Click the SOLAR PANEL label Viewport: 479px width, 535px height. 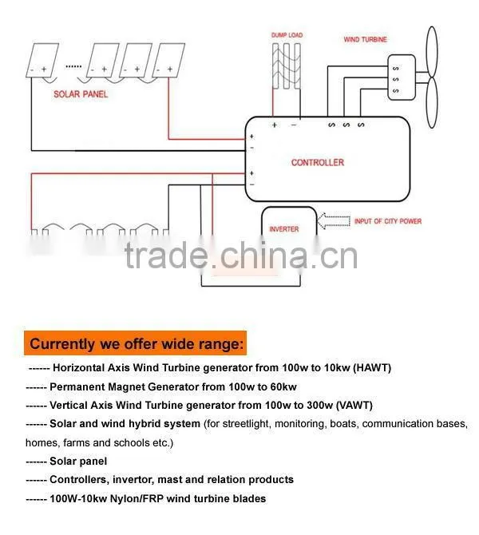click(81, 94)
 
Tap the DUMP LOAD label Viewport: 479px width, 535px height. click(287, 35)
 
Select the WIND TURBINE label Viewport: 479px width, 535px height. click(365, 40)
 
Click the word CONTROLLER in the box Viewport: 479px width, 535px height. click(318, 162)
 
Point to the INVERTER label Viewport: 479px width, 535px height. click(284, 229)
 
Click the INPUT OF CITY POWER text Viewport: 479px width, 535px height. click(388, 221)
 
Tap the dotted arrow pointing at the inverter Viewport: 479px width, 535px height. click(334, 221)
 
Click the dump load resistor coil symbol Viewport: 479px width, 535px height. click(287, 65)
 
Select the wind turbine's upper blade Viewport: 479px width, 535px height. click(432, 51)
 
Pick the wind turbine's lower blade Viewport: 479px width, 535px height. click(432, 102)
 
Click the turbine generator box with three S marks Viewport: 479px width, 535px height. click(402, 77)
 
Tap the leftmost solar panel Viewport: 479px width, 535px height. click(42, 60)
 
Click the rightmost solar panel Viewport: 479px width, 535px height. click(168, 60)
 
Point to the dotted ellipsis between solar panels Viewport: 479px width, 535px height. click(73, 66)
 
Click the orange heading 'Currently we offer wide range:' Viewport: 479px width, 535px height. click(136, 343)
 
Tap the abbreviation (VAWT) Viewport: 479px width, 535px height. click(354, 406)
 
